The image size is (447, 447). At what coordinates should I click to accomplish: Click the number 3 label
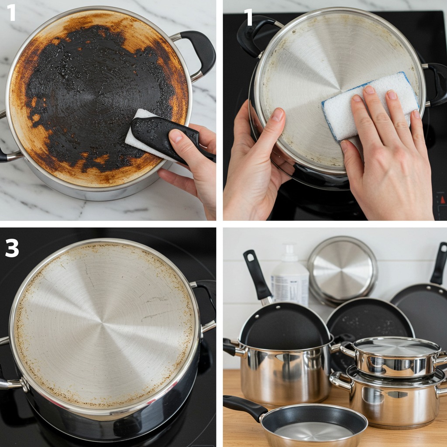[x=12, y=248]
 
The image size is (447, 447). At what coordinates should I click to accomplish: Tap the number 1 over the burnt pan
[x=11, y=13]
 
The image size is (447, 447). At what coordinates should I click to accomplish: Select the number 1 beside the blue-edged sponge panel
[x=248, y=17]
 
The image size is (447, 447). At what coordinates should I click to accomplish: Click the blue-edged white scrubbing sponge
[x=371, y=106]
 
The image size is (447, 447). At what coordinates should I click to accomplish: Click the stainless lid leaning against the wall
[x=342, y=269]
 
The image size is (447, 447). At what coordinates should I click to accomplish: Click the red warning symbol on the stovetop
[x=443, y=199]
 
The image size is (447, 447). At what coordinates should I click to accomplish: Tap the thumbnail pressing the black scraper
[x=176, y=136]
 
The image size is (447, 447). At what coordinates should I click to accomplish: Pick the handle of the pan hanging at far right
[x=439, y=263]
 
